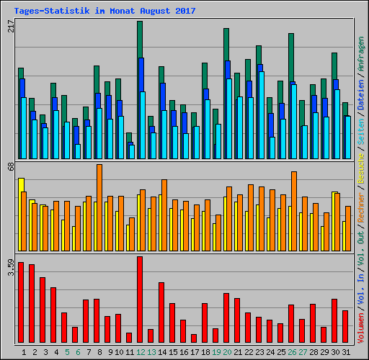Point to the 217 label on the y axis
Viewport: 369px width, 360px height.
coord(10,26)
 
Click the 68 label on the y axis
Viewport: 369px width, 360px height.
coord(10,167)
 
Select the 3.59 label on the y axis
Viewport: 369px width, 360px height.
coord(10,266)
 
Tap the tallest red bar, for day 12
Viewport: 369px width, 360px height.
coord(140,299)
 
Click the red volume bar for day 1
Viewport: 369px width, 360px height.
coord(21,302)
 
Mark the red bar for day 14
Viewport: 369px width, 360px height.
coord(161,312)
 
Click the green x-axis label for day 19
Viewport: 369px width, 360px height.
coord(216,352)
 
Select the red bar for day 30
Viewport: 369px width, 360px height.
coord(334,320)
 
